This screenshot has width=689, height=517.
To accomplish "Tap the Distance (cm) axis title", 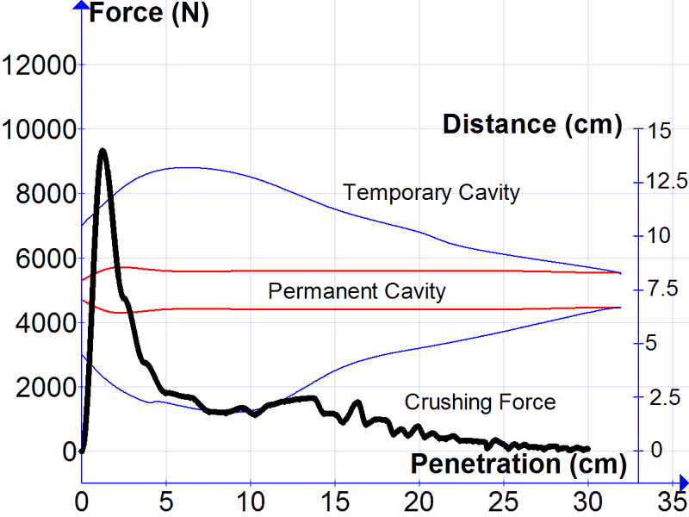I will [x=531, y=124].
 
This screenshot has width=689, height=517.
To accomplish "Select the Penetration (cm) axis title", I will [x=517, y=464].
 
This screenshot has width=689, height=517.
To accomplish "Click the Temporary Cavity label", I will [x=431, y=191].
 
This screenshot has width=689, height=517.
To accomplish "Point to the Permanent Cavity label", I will [x=357, y=291].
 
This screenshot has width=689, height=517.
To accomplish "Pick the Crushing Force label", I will [x=480, y=402].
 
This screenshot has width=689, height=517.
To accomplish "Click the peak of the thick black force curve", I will [x=102, y=151].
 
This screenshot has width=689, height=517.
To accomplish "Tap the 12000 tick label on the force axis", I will [x=39, y=65].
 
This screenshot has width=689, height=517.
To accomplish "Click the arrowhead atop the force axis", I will [x=81, y=7].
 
